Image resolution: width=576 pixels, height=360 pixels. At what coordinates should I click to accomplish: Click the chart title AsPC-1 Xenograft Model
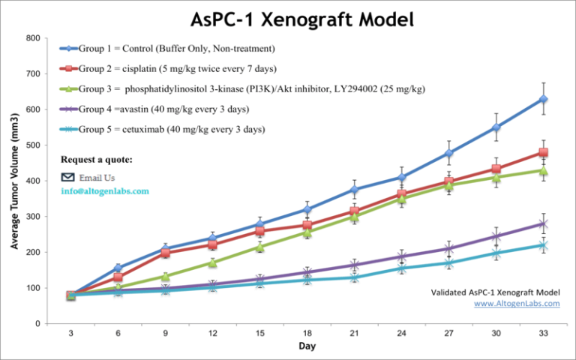coord(288,19)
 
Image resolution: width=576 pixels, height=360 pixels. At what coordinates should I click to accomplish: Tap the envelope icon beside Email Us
coord(68,178)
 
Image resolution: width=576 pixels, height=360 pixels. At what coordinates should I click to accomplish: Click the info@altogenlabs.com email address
coord(105,191)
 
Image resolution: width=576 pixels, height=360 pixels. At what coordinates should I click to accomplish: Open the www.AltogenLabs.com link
coord(517,304)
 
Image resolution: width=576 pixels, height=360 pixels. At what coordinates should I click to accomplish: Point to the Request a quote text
coord(97,159)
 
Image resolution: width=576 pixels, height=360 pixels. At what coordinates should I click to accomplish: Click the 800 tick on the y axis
coord(31,38)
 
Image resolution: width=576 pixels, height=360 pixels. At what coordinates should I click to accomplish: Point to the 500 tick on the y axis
coord(31,145)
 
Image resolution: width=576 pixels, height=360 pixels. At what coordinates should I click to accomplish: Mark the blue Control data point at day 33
coord(543,99)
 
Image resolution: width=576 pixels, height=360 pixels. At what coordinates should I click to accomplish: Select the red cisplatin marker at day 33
coord(543,152)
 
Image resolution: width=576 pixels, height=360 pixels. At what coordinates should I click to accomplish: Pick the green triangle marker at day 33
coord(543,170)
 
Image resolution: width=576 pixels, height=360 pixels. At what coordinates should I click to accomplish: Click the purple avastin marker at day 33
coord(543,223)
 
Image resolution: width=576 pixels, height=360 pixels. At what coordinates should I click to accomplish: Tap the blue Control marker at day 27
coord(449,153)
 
